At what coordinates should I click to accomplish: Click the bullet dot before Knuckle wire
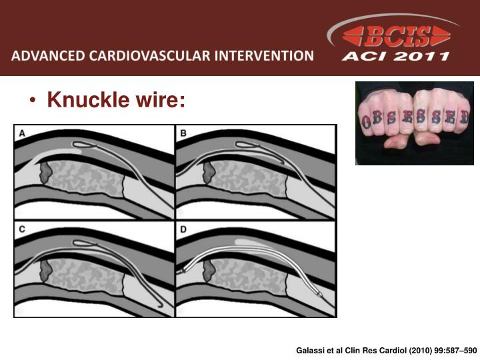point(33,101)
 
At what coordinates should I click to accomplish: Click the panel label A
point(22,133)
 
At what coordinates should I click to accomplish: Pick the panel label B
point(183,133)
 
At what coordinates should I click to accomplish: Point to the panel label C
point(22,230)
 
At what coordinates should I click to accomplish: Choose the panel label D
point(183,230)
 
